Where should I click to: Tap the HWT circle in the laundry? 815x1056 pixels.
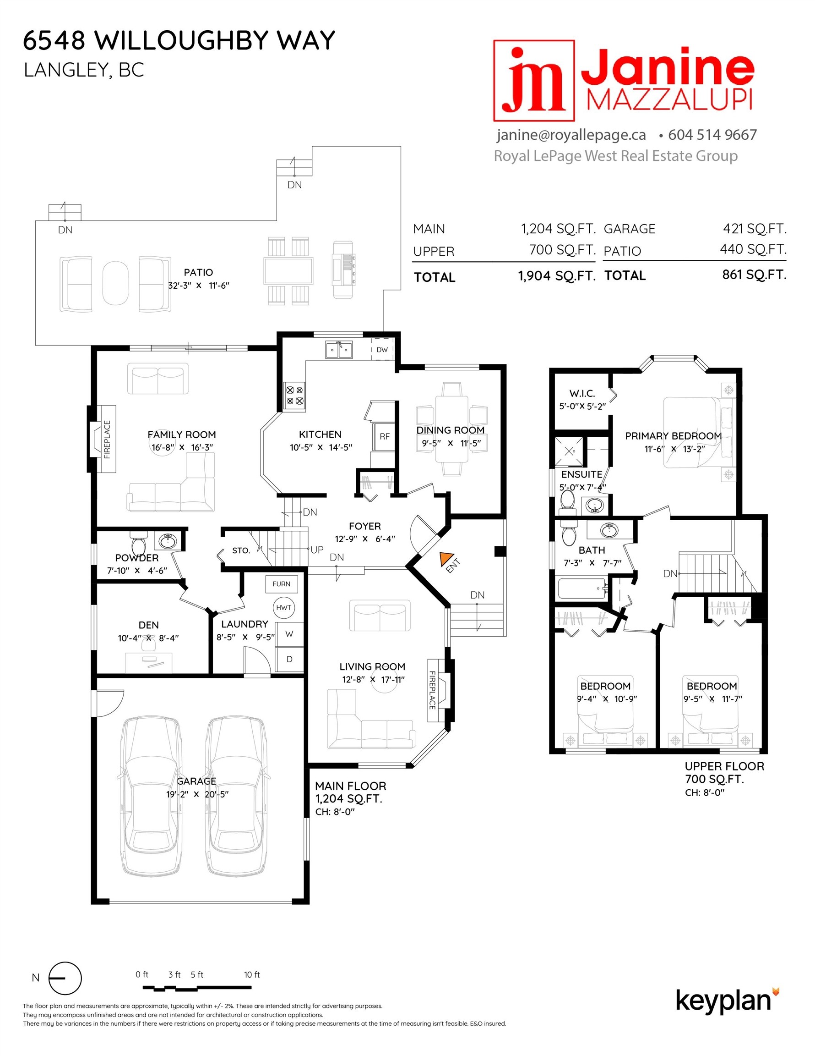point(283,608)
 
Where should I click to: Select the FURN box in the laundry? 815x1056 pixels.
point(281,584)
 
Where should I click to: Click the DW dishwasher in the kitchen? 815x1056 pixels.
point(382,350)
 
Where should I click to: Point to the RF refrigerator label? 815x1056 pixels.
point(385,437)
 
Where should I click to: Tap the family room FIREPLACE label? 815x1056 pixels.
point(107,439)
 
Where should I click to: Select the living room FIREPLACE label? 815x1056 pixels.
point(432,690)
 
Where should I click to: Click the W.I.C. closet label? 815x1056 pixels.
point(581,394)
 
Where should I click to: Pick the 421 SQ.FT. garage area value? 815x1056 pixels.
point(755,228)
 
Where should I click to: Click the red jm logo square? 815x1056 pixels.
point(533,80)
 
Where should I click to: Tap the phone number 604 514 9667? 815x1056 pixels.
point(712,135)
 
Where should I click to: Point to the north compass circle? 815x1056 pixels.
point(65,978)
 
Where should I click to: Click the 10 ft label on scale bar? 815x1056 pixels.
point(252,974)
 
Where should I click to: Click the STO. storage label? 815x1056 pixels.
point(240,550)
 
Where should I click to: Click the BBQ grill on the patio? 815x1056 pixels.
point(343,270)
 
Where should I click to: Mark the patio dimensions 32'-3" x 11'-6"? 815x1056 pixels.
point(199,285)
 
